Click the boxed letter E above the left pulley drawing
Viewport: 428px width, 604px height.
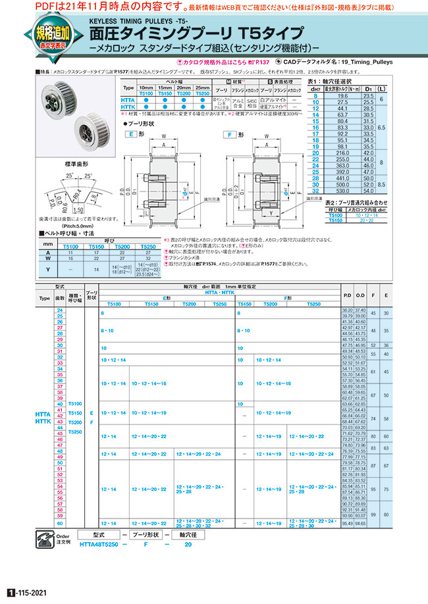tap(132, 134)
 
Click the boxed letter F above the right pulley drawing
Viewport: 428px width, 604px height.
tap(229, 134)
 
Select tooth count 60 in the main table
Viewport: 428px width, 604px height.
tap(61, 524)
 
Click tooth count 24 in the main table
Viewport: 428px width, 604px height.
tap(61, 309)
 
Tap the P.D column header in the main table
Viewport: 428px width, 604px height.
tap(347, 296)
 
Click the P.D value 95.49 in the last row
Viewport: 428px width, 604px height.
tap(347, 524)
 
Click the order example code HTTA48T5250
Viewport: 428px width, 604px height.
tap(99, 544)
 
